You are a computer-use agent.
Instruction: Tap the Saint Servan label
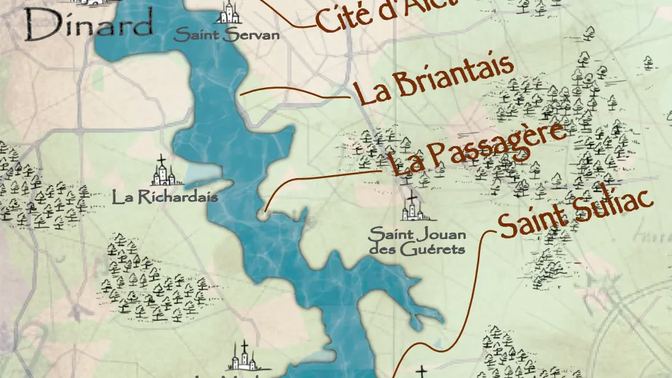pyautogui.click(x=227, y=35)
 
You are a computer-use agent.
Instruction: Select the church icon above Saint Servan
pyautogui.click(x=229, y=13)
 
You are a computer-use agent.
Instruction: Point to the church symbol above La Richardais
pyautogui.click(x=162, y=172)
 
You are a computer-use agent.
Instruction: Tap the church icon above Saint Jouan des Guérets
pyautogui.click(x=410, y=208)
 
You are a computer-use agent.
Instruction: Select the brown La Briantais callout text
pyautogui.click(x=434, y=80)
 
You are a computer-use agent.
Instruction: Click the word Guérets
pyautogui.click(x=432, y=249)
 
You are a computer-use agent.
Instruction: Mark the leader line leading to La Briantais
pyautogui.click(x=298, y=91)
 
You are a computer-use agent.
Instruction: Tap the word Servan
pyautogui.click(x=250, y=35)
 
